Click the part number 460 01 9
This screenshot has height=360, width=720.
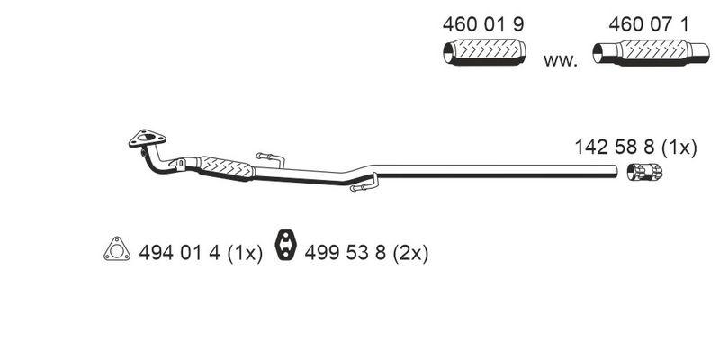point(483,25)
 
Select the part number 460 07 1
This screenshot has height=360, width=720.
point(649,25)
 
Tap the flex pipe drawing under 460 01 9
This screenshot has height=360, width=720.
point(484,52)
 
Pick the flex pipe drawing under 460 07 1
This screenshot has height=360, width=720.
point(651,52)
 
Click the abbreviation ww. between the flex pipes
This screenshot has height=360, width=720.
point(560,60)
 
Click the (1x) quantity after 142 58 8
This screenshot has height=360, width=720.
point(679,148)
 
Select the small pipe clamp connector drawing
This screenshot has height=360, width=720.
point(644,172)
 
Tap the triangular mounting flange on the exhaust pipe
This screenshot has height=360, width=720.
point(147,138)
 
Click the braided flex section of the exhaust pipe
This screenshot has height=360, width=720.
point(227,167)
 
